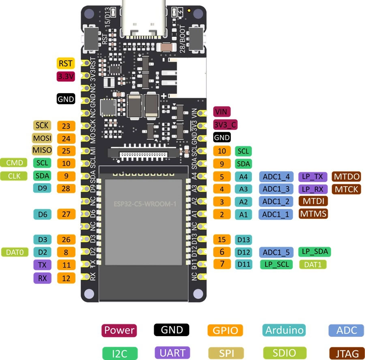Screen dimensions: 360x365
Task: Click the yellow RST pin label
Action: coord(65,63)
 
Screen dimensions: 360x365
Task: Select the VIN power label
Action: coord(222,111)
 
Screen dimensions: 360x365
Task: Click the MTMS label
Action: coord(313,214)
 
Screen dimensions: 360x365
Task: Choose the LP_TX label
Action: coord(313,176)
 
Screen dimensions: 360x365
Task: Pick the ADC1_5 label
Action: coord(276,252)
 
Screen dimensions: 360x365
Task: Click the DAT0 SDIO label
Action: coord(15,252)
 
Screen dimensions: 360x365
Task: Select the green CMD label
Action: coord(14,163)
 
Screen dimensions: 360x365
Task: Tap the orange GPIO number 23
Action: coord(66,126)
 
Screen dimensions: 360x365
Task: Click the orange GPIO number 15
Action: coord(222,240)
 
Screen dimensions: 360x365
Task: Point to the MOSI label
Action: coord(42,138)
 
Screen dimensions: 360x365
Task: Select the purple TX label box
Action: coord(42,265)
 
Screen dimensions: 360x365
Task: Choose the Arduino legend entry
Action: coord(284,330)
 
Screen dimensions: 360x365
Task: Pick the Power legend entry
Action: coord(119,330)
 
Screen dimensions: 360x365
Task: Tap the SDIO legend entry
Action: coord(284,353)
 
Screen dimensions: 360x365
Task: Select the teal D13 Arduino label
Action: coord(244,240)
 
